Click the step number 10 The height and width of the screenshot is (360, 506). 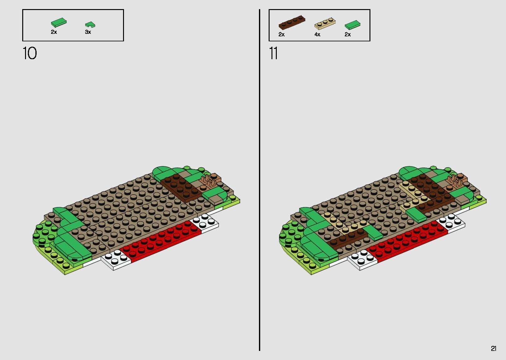click(30, 53)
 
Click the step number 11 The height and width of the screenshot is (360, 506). click(273, 53)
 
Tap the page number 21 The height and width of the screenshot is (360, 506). click(493, 348)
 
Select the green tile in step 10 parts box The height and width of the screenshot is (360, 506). click(59, 23)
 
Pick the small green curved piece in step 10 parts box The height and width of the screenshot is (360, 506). click(90, 25)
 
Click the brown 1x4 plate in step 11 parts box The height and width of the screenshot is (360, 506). click(292, 22)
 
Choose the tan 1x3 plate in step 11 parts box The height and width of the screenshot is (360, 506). click(325, 24)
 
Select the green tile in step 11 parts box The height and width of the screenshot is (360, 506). click(352, 25)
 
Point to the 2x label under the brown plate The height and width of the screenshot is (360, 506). click(281, 34)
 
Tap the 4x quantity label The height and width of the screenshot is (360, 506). click(318, 34)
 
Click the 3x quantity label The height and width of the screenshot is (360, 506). click(88, 32)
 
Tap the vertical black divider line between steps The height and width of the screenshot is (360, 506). click(260, 180)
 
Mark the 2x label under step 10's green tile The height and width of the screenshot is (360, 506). click(54, 32)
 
